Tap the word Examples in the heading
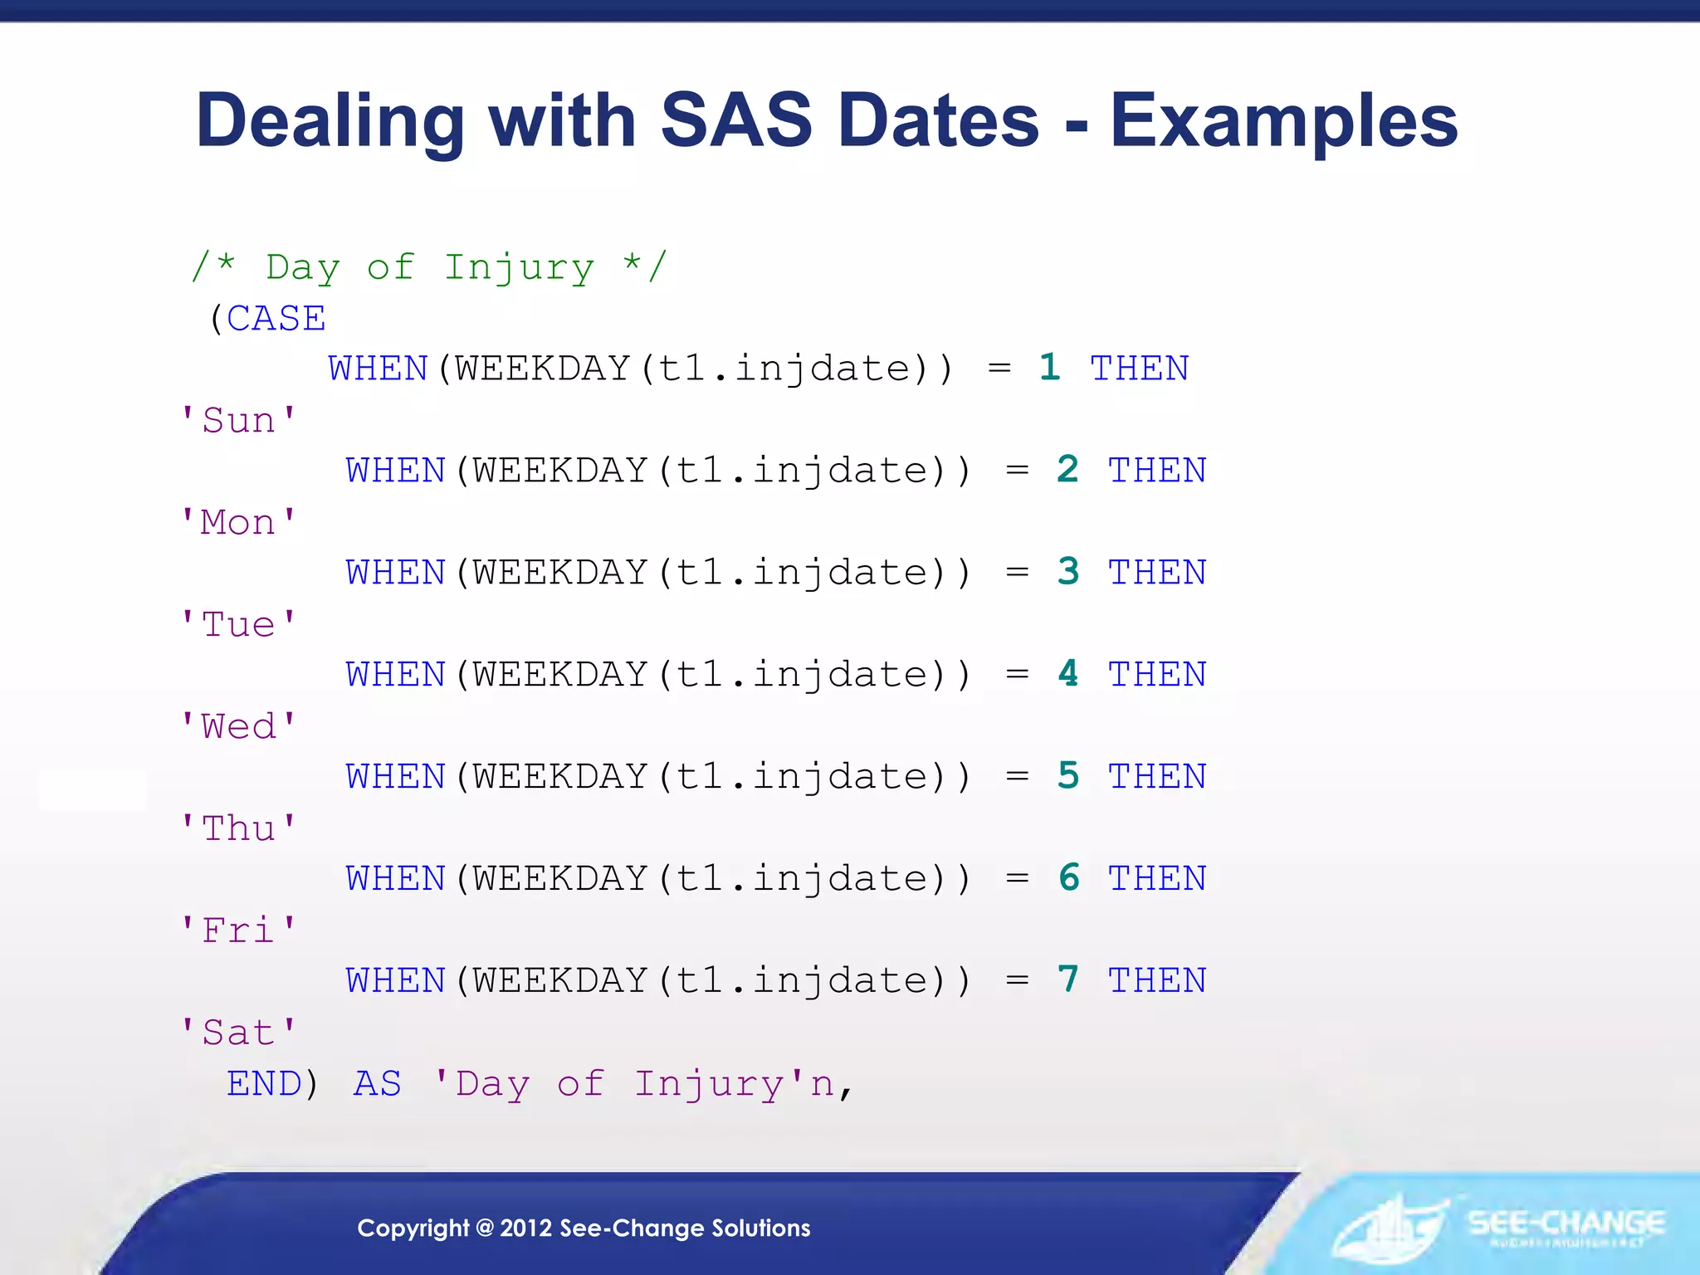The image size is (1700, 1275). pos(1283,121)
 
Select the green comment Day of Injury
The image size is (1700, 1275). pos(429,267)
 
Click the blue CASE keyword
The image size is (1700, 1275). pos(276,319)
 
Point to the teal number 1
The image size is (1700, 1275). pos(1049,368)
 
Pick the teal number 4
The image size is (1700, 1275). pos(1068,674)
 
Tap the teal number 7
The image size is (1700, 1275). pos(1068,980)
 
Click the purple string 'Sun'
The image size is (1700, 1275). pos(238,420)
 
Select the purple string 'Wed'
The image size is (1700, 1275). pos(238,726)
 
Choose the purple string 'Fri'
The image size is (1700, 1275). pos(238,931)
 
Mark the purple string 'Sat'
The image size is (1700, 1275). pos(238,1033)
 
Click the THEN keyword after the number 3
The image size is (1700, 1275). pos(1157,573)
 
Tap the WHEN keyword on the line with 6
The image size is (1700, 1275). pos(396,879)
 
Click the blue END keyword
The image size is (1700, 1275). pos(264,1084)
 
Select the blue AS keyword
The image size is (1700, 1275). pos(378,1084)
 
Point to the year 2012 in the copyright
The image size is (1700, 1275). pos(525,1229)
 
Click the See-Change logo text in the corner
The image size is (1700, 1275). pos(1566,1224)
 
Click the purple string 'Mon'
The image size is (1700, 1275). pos(238,523)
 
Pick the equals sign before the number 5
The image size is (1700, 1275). pos(1017,777)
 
